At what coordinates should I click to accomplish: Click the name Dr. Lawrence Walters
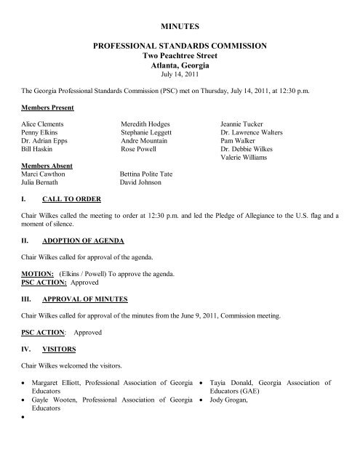(x=252, y=134)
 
